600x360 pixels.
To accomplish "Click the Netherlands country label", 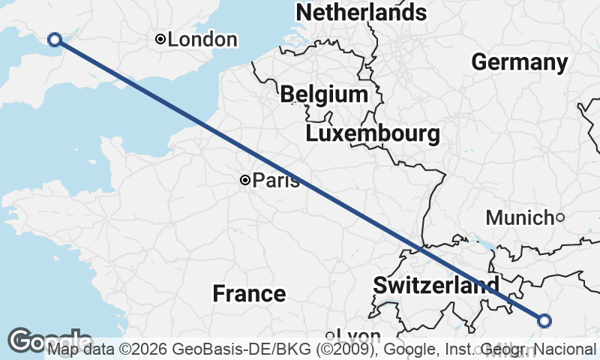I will click(x=361, y=13).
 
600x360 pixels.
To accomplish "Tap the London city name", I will click(x=202, y=40).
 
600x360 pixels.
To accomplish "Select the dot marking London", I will click(x=160, y=39).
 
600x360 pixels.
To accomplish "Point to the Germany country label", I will click(x=519, y=62).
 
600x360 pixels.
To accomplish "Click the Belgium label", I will click(x=324, y=94).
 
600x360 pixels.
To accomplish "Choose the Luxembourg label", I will click(x=373, y=134).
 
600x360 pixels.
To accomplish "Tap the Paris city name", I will click(x=276, y=181).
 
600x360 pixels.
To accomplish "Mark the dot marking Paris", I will click(x=244, y=180).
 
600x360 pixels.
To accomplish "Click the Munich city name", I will click(x=519, y=218).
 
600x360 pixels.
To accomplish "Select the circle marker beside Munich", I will click(x=559, y=217).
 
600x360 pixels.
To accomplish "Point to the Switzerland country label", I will click(x=436, y=285).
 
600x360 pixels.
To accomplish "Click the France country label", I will click(x=249, y=293).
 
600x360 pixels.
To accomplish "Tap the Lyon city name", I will click(x=359, y=335).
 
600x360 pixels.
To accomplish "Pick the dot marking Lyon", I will click(x=329, y=335).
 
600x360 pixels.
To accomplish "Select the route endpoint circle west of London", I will click(x=54, y=40).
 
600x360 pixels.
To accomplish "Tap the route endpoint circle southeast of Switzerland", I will click(x=544, y=321).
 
